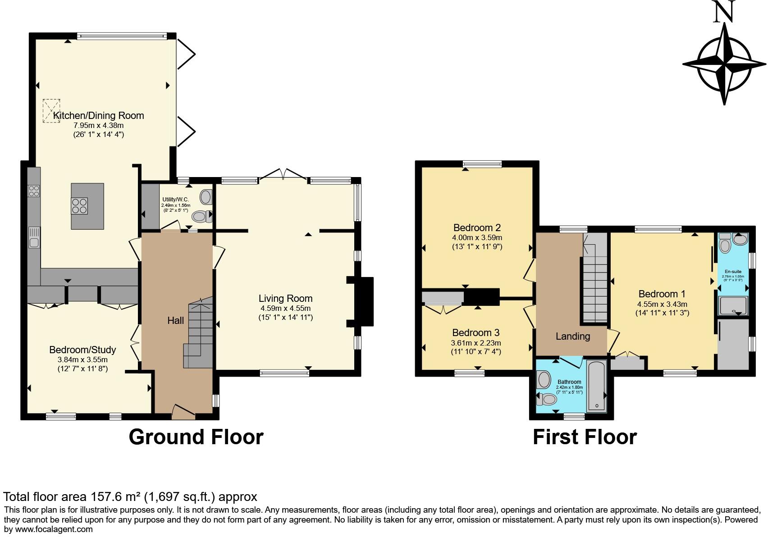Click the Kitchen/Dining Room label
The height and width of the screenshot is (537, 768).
(x=98, y=115)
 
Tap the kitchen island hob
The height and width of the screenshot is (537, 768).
(x=80, y=206)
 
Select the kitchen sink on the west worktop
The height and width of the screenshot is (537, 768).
(x=34, y=237)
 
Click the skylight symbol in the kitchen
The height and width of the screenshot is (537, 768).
(x=51, y=111)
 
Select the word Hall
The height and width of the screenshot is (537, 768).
(x=175, y=321)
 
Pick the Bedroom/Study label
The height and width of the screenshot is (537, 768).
(x=82, y=350)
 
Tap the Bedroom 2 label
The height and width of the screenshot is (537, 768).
(x=477, y=228)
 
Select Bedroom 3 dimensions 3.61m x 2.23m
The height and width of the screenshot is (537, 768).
(x=476, y=343)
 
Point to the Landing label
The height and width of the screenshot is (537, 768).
(x=572, y=336)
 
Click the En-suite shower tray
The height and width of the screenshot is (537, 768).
(x=733, y=305)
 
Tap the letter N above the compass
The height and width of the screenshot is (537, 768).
(x=724, y=12)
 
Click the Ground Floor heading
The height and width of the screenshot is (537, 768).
(x=196, y=437)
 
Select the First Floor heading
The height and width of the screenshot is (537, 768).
(x=584, y=437)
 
